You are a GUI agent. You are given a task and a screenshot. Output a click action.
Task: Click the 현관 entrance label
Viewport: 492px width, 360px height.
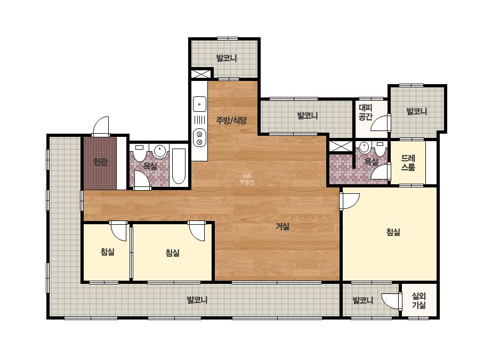[100, 162]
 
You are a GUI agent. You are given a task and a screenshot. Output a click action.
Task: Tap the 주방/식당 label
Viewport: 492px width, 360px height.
[231, 120]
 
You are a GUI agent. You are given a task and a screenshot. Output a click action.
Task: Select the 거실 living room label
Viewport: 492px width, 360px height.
[283, 226]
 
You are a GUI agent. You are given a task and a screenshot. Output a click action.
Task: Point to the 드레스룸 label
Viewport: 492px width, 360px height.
[408, 163]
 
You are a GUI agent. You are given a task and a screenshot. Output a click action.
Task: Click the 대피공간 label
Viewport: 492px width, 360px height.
[366, 112]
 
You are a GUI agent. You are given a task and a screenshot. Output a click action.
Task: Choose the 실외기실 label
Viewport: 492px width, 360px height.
[418, 300]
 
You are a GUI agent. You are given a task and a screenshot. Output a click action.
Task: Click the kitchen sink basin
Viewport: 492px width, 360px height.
[199, 104]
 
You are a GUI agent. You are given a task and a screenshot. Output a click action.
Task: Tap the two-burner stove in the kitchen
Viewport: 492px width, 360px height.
[199, 138]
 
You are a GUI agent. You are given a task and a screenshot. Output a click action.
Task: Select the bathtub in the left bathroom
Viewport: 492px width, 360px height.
[179, 166]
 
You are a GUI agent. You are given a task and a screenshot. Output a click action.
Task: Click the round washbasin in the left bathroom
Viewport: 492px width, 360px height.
[160, 151]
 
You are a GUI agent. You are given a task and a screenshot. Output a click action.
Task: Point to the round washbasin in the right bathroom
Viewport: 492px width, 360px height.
[364, 148]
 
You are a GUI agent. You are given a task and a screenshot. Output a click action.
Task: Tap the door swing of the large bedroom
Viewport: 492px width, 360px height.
[349, 202]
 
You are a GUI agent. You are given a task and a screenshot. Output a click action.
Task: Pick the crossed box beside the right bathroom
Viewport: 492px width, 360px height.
[341, 146]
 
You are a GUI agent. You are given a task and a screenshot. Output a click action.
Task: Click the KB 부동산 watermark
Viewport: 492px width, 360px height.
[247, 179]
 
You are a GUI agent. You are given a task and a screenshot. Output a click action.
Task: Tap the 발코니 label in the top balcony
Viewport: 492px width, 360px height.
[226, 58]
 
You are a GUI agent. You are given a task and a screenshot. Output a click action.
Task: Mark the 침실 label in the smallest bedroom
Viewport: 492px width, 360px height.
[107, 251]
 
